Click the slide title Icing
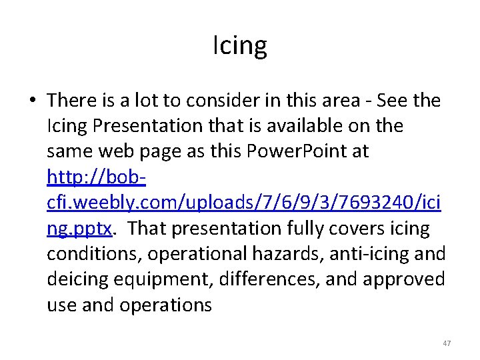[240, 46]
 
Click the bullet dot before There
[33, 101]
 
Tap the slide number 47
[447, 343]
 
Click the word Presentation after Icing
[160, 126]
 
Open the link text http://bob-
[97, 177]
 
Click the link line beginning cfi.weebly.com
[243, 203]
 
